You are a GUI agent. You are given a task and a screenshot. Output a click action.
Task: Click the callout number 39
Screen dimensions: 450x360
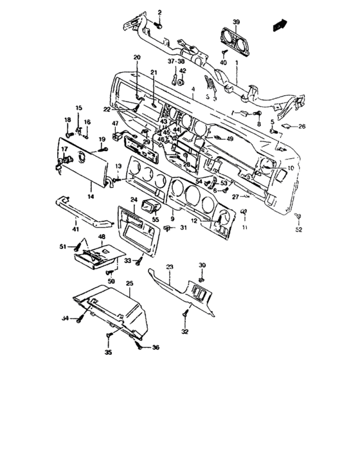(x=236, y=22)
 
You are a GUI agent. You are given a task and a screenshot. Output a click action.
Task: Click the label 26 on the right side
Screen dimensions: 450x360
(x=301, y=126)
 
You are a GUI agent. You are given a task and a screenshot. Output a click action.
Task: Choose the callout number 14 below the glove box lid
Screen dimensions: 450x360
(x=91, y=197)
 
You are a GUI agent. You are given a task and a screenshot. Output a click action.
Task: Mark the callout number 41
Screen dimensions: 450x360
(x=75, y=229)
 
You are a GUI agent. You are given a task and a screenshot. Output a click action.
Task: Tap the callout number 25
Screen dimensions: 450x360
(x=129, y=283)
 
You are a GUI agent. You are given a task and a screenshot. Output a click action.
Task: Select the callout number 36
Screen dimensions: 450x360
(x=155, y=348)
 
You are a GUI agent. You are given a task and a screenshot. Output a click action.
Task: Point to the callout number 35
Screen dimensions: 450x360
(x=107, y=353)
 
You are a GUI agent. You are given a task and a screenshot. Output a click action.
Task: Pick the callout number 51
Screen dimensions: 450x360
(x=63, y=246)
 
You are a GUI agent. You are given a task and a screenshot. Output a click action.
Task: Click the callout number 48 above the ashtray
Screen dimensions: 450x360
(x=102, y=237)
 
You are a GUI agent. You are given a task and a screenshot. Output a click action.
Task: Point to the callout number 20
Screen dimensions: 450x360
(x=136, y=58)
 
